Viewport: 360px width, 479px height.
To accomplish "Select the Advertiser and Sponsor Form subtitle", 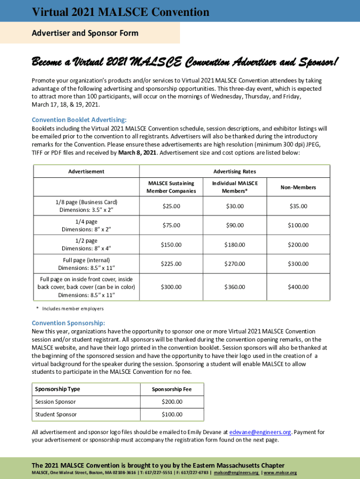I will coord(85,33).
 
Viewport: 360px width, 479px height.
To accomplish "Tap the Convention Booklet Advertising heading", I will coord(79,120).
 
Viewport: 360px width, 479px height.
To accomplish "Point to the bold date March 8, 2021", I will coord(137,152).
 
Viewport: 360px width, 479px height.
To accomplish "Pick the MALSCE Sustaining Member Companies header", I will coord(171,187).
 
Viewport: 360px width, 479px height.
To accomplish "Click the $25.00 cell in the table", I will coord(171,206).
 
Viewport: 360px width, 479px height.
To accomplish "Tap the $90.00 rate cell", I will coord(234,225).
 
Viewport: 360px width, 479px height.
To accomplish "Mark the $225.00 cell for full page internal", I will coord(171,264).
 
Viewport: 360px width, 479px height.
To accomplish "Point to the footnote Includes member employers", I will coord(72,309).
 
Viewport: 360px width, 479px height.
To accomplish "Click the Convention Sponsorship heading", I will coord(68,323).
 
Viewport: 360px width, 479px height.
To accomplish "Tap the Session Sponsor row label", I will coord(55,402).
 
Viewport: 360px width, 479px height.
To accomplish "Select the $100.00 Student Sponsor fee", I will coord(172,414).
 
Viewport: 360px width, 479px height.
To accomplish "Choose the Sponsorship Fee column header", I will coord(172,389).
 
